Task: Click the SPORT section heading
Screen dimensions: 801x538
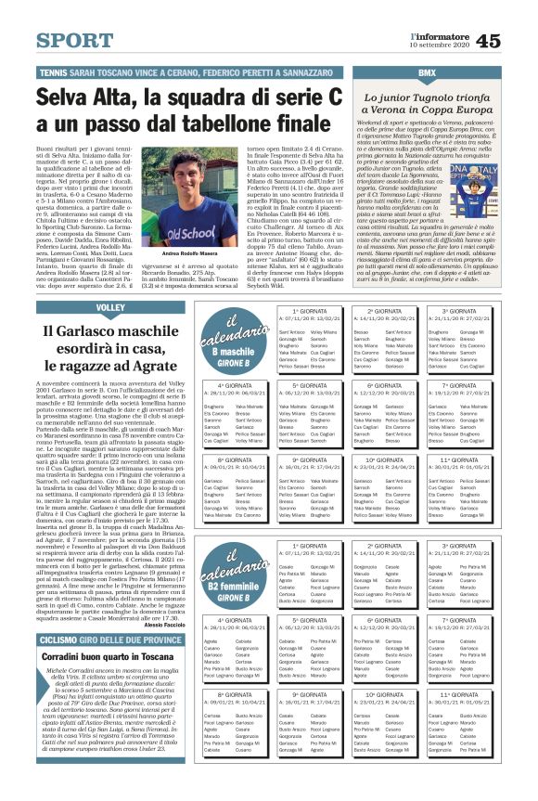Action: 76,41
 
